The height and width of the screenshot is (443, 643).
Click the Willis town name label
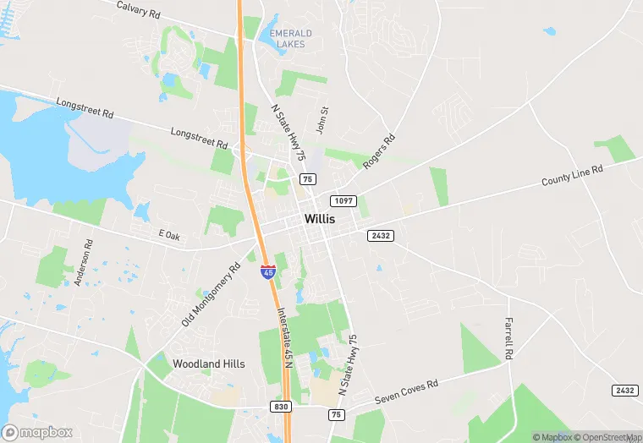(319, 218)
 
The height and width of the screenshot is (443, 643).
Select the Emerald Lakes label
(290, 39)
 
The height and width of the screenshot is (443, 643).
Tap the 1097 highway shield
(343, 200)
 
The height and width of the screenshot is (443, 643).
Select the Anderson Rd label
(83, 261)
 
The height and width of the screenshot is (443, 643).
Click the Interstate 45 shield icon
(267, 271)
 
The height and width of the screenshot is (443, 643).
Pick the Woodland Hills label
(209, 364)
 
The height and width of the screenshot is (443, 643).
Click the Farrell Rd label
(509, 337)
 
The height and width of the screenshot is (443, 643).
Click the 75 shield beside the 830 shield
(337, 414)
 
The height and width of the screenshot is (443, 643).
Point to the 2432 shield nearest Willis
(380, 236)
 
